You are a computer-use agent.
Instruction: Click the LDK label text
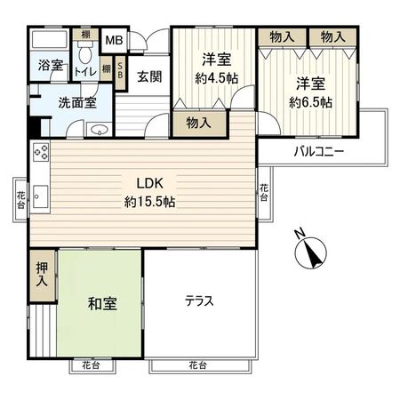coord(148,183)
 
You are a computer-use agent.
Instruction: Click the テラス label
coord(199,300)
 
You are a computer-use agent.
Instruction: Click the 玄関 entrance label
coord(148,76)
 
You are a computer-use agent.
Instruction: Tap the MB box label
coord(115,41)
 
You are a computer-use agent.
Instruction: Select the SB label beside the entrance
coord(121,74)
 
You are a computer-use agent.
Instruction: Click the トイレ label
coord(85,70)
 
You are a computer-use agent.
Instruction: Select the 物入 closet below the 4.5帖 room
coord(198,123)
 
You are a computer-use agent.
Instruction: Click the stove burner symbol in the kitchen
coord(41,153)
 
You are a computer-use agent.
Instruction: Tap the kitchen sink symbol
coord(41,193)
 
